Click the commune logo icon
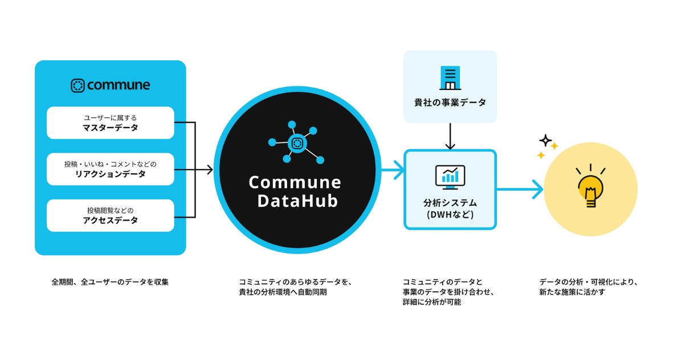coord(77,86)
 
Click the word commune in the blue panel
coord(119,85)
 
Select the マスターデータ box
coord(110,122)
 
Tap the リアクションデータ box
coord(110,169)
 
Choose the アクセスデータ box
coord(110,215)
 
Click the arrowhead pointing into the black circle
coord(209,169)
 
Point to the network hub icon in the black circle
coord(296,143)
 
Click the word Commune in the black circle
coord(295,182)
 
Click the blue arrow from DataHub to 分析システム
coord(394,169)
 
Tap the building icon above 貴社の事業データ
coord(450,78)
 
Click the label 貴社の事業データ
coord(450,103)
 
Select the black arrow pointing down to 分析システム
coord(450,137)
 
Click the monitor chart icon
coord(450,177)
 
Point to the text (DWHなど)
coord(450,215)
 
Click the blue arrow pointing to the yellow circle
coord(521,189)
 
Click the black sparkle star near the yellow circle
coord(546,140)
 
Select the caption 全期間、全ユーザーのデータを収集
coord(110,281)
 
